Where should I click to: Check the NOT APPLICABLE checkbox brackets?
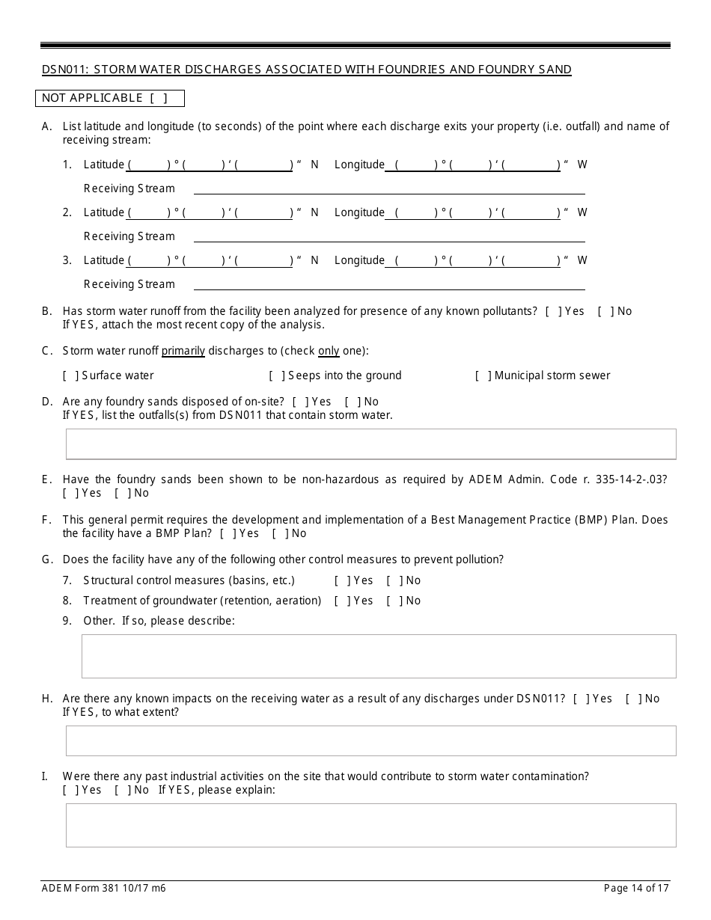[158, 98]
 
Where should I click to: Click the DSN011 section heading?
[306, 70]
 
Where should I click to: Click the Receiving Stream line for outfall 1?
[389, 190]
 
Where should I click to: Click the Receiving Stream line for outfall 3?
[389, 286]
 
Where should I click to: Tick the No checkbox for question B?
[602, 311]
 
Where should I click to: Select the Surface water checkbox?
[70, 375]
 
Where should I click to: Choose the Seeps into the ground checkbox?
[276, 375]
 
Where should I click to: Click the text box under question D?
[370, 444]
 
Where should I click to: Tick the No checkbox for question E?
[121, 493]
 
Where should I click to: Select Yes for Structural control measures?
[341, 580]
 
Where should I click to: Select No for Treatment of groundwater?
[393, 601]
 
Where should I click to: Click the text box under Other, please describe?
[378, 656]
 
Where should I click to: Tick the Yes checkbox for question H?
[579, 699]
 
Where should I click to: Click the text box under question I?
[370, 825]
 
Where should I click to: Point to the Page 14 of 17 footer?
[636, 889]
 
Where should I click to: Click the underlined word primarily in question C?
[183, 351]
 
